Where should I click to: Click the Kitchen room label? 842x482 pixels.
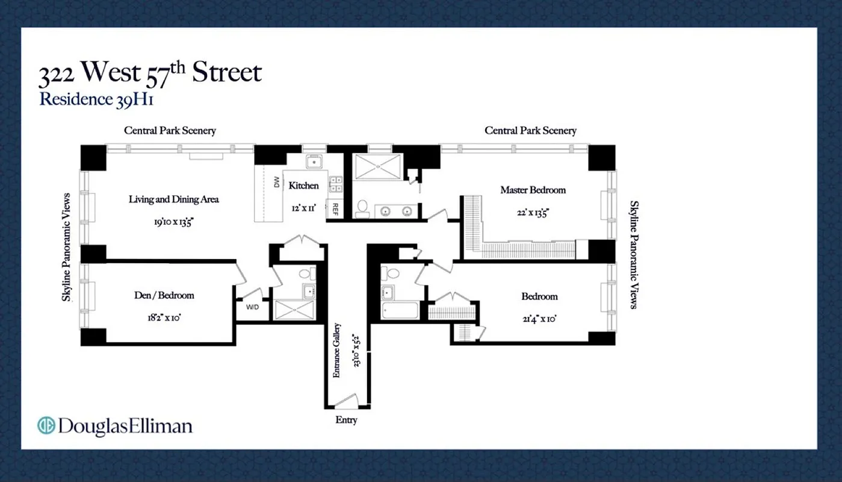(x=303, y=186)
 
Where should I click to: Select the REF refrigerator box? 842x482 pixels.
(x=335, y=209)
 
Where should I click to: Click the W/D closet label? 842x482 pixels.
(x=252, y=307)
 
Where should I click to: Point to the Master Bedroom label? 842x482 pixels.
(x=533, y=190)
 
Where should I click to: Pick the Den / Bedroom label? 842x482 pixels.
(x=164, y=295)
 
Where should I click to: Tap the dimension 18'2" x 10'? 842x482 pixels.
(x=164, y=318)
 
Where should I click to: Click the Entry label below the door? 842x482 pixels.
(x=346, y=420)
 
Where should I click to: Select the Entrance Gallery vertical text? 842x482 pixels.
(x=337, y=351)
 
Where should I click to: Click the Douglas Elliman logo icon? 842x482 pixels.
(x=46, y=425)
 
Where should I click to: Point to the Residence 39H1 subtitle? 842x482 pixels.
(x=96, y=99)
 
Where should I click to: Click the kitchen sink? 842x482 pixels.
(x=314, y=161)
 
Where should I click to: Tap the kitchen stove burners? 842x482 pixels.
(x=335, y=183)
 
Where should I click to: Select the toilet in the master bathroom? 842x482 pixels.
(x=363, y=208)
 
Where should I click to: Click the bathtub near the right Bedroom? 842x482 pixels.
(x=400, y=311)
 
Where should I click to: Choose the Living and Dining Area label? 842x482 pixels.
(x=173, y=199)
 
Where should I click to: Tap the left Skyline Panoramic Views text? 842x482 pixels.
(x=68, y=247)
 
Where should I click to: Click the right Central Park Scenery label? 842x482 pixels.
(x=530, y=131)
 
